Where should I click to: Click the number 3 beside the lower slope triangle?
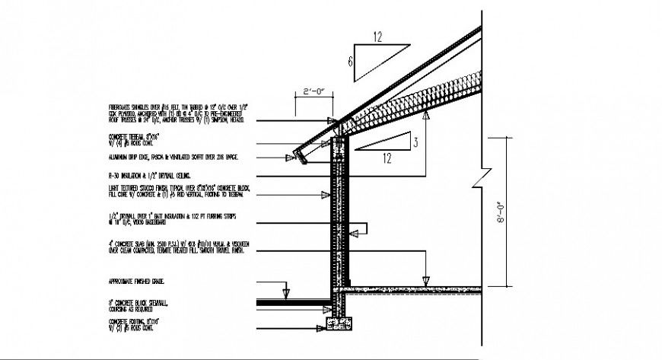[415, 141]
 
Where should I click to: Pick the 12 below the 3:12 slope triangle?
[387, 159]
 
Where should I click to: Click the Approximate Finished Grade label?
[142, 281]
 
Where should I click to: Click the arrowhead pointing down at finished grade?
[285, 293]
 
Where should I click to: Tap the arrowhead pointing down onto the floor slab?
[426, 278]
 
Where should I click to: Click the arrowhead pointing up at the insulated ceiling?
[427, 114]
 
